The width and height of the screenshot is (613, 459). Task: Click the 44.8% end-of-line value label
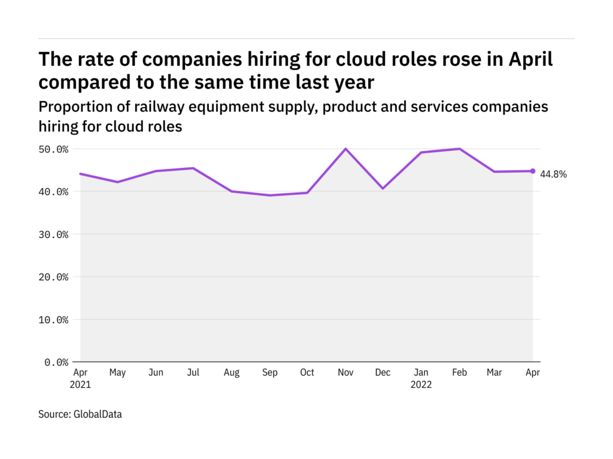click(554, 175)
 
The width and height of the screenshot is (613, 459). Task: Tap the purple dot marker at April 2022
click(533, 171)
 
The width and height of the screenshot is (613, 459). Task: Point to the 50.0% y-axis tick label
click(52, 149)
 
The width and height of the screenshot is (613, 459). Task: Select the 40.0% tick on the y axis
click(52, 192)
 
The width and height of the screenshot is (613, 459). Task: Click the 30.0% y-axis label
click(52, 234)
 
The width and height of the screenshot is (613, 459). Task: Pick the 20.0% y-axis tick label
click(52, 277)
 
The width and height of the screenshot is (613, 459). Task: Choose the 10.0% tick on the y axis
click(52, 320)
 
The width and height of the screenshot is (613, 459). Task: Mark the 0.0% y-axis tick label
click(54, 362)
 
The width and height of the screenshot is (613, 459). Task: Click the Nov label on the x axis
click(345, 373)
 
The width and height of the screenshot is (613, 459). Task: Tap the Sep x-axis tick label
click(269, 373)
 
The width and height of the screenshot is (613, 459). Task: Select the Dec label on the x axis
click(383, 373)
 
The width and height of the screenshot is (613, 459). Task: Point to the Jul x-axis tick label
click(193, 373)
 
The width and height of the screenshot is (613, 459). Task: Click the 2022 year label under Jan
click(421, 385)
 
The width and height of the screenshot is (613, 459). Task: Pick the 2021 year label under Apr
click(80, 385)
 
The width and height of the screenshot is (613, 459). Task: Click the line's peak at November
click(345, 149)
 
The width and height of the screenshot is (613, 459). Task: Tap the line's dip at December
click(383, 188)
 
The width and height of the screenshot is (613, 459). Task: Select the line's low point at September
click(269, 195)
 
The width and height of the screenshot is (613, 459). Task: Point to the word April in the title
click(531, 60)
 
